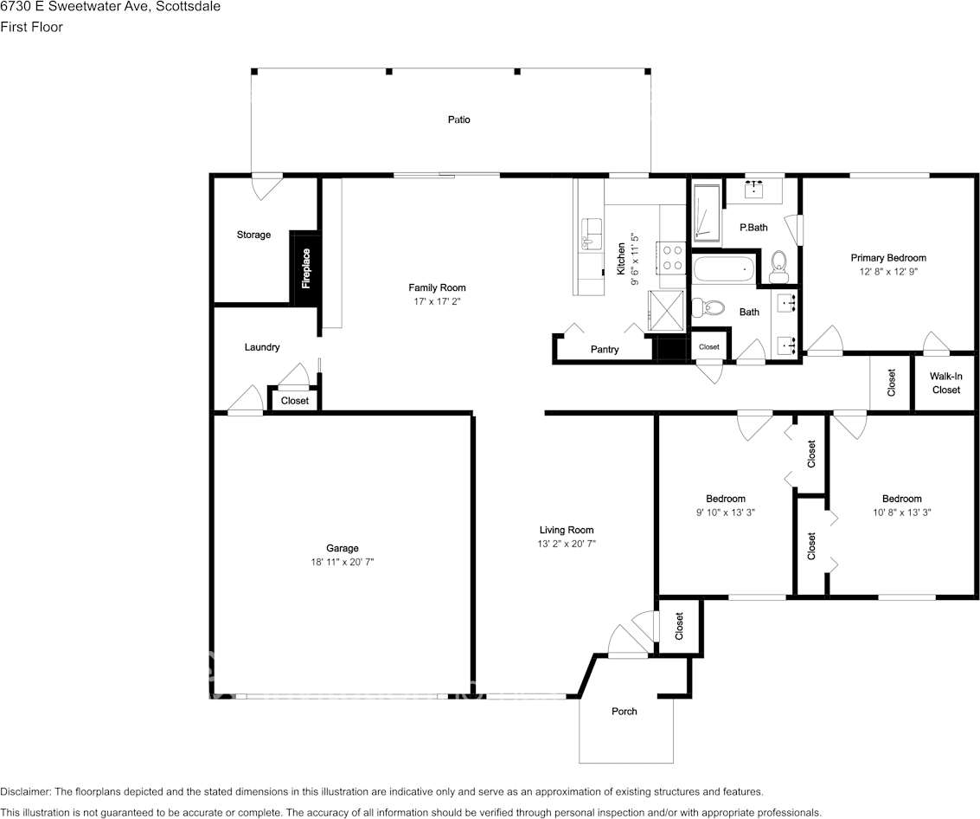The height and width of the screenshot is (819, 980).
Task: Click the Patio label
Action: [458, 119]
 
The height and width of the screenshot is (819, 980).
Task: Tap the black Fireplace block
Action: [305, 268]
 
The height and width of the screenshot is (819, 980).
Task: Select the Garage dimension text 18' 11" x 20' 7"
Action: [343, 562]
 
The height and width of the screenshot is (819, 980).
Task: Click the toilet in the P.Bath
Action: [778, 266]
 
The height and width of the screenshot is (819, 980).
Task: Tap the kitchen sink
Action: [592, 234]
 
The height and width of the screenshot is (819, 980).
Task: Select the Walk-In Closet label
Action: [945, 383]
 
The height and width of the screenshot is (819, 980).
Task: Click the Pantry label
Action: [605, 350]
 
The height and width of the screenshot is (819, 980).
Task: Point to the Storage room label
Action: [253, 235]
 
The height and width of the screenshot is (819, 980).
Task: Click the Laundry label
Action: [262, 347]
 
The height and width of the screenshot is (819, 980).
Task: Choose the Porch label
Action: [625, 712]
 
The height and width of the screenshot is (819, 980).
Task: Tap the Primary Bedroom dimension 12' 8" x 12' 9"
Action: [888, 272]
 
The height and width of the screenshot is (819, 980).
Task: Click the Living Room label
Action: [567, 530]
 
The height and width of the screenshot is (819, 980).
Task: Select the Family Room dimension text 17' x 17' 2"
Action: [437, 301]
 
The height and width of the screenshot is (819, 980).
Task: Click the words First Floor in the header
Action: [31, 27]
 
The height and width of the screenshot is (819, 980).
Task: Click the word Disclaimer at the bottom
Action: [26, 792]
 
